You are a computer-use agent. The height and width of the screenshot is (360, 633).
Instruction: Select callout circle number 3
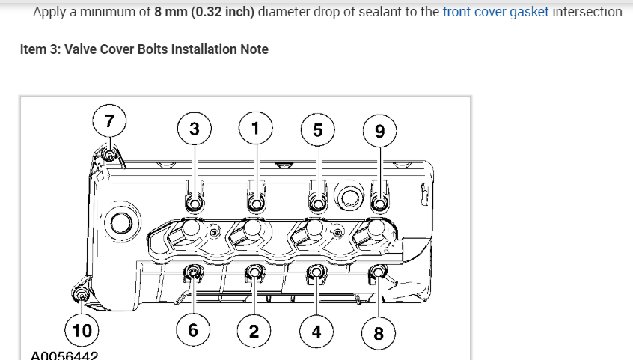(x=195, y=128)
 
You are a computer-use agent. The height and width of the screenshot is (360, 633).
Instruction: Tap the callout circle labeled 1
(x=255, y=127)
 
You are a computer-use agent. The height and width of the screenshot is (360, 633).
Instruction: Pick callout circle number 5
(x=317, y=129)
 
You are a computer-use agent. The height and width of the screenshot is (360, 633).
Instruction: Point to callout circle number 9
(x=379, y=132)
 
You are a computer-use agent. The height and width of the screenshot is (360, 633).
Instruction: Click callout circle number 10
(x=82, y=330)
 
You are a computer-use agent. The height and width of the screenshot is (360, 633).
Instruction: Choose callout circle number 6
(x=193, y=330)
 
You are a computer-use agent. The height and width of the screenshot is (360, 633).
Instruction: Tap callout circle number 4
(x=316, y=332)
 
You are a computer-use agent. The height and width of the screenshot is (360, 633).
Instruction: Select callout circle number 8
(x=378, y=333)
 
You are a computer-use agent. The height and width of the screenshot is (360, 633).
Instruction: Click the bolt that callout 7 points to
(x=108, y=156)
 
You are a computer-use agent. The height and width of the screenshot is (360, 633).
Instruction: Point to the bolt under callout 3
(x=194, y=203)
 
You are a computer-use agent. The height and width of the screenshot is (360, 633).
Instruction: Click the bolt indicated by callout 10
(x=82, y=294)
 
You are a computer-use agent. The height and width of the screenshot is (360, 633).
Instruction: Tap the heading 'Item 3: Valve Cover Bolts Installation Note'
(x=144, y=49)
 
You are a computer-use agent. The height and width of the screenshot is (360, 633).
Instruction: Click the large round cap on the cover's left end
(x=120, y=222)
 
